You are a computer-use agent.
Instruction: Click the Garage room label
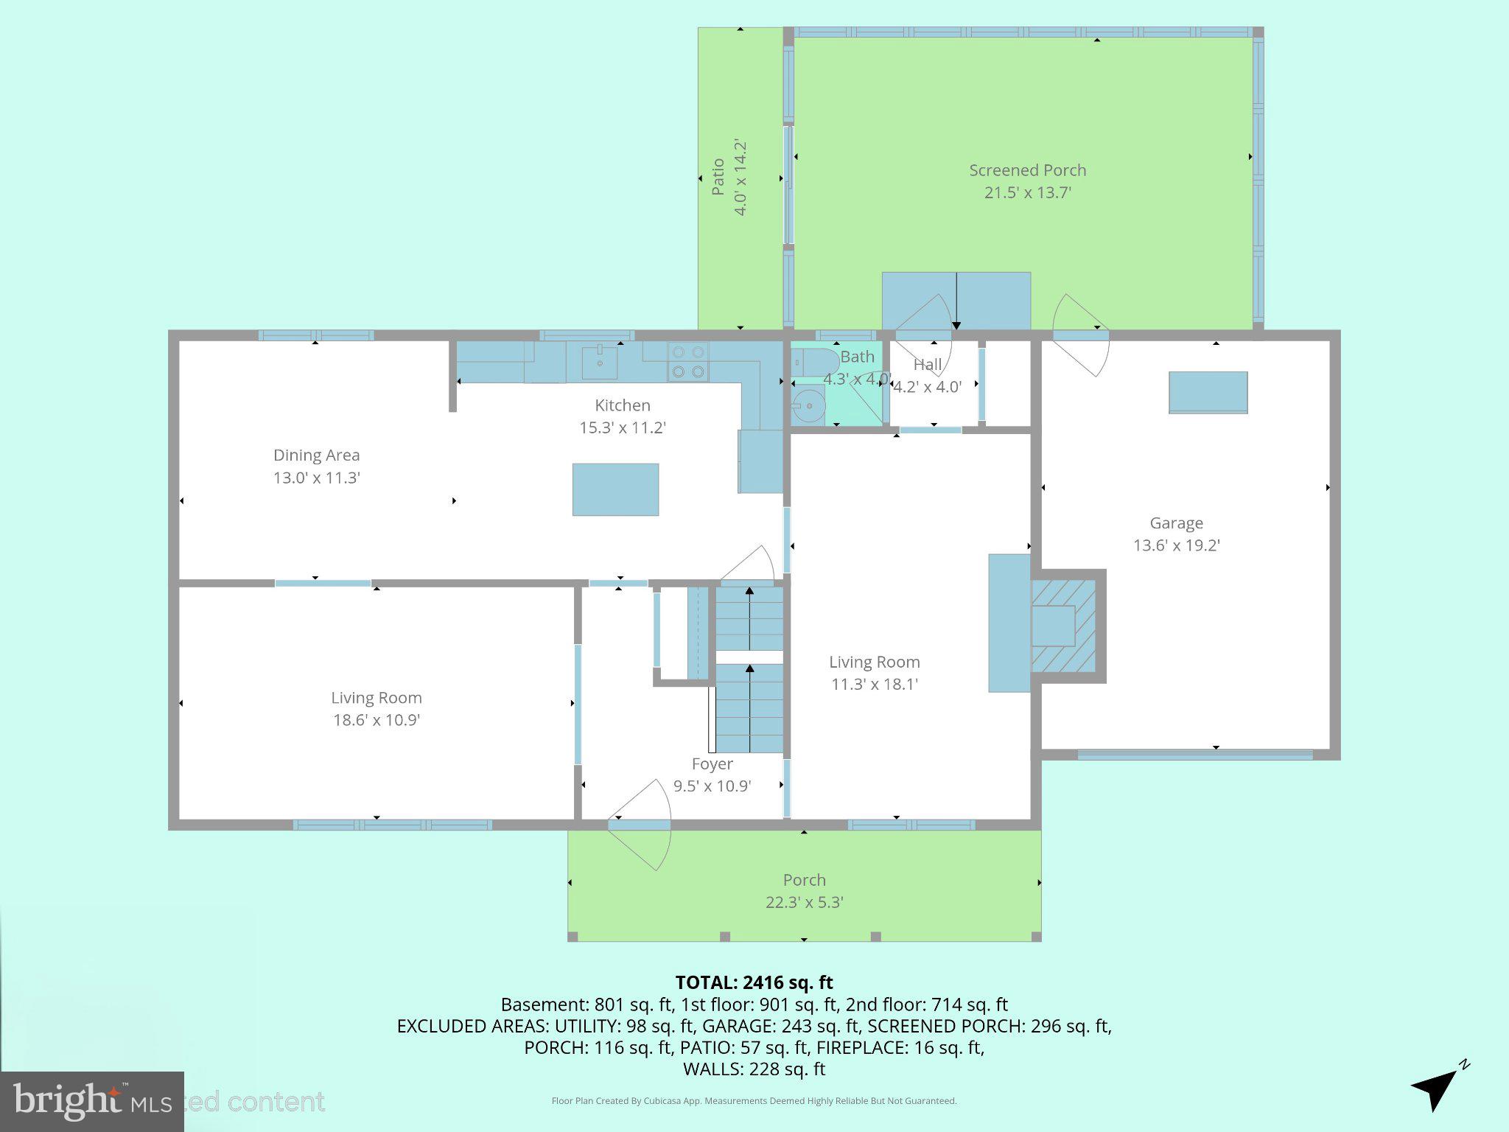[1176, 523]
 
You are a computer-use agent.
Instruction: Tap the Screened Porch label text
[1027, 170]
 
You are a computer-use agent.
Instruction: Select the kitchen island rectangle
[615, 489]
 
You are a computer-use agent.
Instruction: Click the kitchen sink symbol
[600, 362]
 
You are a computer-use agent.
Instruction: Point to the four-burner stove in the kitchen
[687, 362]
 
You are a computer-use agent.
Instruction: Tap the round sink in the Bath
[809, 405]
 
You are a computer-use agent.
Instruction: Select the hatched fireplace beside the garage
[1063, 626]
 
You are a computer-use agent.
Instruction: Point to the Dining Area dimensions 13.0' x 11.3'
[316, 478]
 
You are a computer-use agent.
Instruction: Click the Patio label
[718, 178]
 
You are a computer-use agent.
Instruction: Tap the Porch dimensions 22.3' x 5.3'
[804, 902]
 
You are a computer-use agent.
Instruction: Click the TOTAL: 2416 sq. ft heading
[754, 982]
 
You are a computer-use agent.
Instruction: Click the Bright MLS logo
[91, 1101]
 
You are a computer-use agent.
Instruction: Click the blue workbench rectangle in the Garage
[1208, 392]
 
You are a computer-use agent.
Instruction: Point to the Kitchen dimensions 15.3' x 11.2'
[623, 427]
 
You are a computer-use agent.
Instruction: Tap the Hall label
[928, 364]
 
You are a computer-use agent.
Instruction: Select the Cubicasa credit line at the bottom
[754, 1101]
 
